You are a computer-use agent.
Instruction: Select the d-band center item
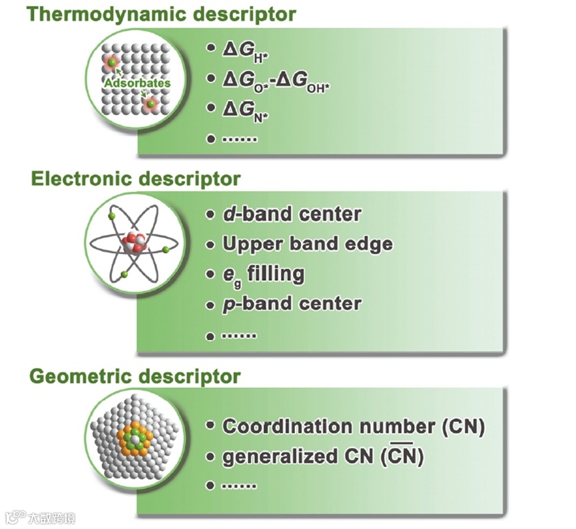click(292, 214)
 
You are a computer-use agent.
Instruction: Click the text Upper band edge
click(307, 244)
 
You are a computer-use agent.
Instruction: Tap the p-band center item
click(292, 304)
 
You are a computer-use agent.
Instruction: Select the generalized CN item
click(323, 456)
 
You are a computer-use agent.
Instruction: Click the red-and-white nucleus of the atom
click(133, 244)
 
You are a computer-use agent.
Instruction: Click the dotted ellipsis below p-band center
click(238, 335)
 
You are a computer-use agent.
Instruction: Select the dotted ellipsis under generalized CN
click(238, 486)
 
